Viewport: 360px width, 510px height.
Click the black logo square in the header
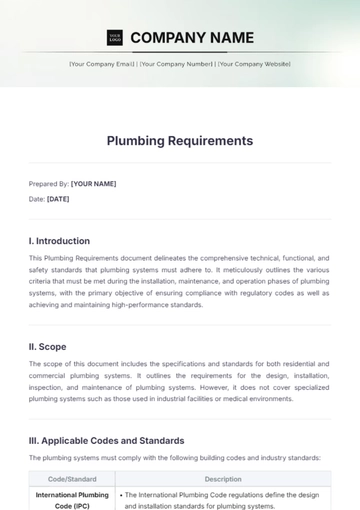pos(114,38)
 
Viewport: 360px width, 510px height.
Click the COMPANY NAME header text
pos(192,38)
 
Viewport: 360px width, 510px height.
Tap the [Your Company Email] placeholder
pos(102,64)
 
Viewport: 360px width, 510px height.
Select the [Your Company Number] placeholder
pos(176,64)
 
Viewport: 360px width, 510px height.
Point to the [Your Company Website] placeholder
pos(254,64)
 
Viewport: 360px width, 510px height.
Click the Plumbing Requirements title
pos(180,140)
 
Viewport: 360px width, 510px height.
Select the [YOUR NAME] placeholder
pos(93,184)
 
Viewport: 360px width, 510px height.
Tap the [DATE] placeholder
pos(58,199)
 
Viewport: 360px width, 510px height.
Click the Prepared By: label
pos(49,184)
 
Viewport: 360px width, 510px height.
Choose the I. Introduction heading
pos(59,241)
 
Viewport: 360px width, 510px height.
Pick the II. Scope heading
pos(47,347)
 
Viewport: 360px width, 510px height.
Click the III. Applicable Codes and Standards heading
pos(106,440)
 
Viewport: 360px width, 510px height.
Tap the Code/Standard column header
pos(72,479)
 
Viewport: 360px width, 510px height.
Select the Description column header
pos(223,479)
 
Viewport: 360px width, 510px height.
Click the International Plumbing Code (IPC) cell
pos(72,499)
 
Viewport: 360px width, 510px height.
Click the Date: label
pos(37,199)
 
